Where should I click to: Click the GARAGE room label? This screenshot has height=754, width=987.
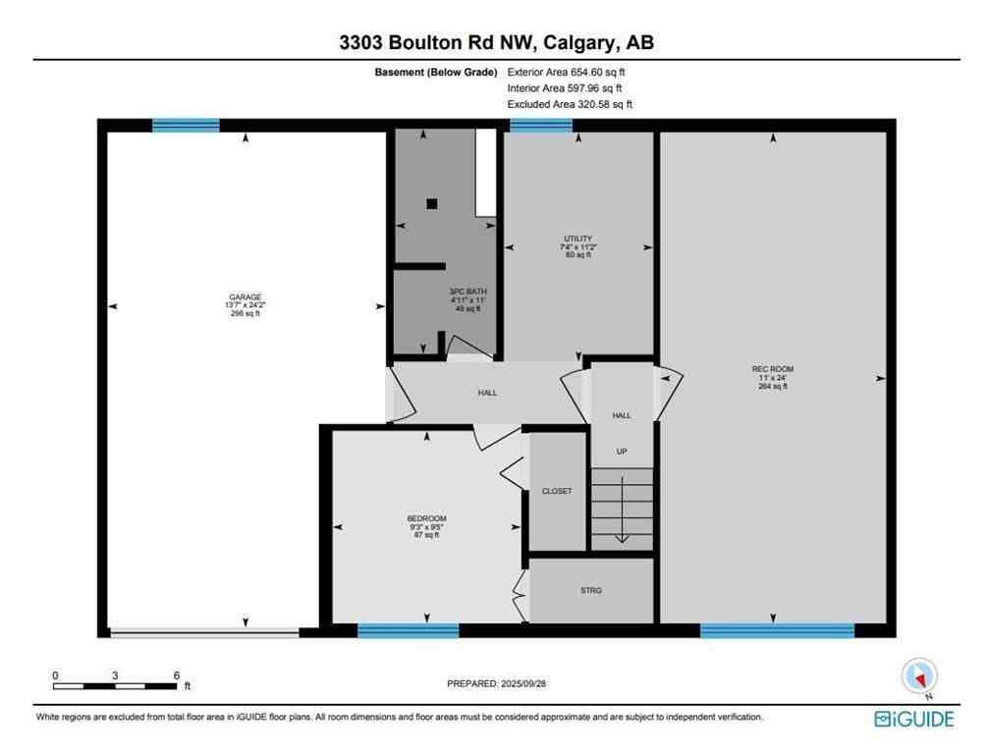click(246, 296)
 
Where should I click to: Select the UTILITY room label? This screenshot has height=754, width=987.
click(577, 239)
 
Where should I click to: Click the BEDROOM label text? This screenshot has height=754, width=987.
click(426, 518)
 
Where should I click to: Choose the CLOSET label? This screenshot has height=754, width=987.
click(557, 491)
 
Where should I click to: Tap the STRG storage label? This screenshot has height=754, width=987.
click(590, 590)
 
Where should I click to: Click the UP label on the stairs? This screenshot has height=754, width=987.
click(621, 452)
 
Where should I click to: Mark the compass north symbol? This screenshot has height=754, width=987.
click(919, 676)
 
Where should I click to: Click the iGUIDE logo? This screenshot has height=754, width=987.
click(913, 720)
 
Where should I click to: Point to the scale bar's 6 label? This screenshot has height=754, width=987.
click(176, 675)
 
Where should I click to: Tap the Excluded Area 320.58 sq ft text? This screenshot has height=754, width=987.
click(570, 104)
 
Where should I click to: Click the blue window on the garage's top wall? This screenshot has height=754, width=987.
click(186, 125)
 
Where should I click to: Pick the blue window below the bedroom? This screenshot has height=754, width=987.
click(408, 630)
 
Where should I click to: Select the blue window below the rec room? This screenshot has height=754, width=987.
click(777, 630)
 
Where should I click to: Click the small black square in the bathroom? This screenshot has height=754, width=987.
click(431, 204)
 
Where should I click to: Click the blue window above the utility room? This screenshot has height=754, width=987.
click(540, 125)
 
